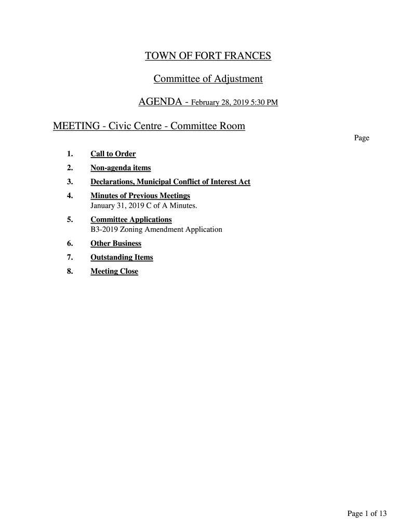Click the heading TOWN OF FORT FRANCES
208,56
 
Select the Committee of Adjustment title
208,79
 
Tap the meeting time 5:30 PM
265,103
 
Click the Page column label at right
362,138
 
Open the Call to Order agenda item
113,154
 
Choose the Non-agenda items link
121,168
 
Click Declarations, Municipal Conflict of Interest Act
170,182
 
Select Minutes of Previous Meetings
140,195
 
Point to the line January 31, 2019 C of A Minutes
144,206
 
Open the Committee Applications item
131,220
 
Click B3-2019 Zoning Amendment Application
156,229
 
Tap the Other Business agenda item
116,244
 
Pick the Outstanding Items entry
122,258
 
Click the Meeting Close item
114,271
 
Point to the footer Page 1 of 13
367,514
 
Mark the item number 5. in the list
70,220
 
